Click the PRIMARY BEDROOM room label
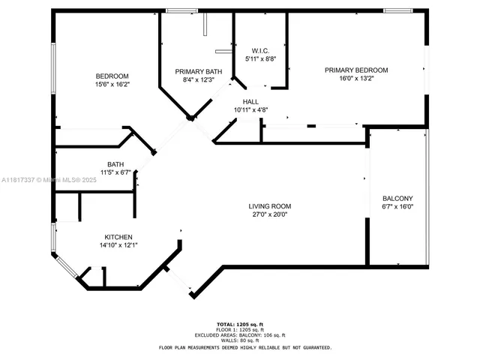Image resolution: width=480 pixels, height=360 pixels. [x=356, y=70]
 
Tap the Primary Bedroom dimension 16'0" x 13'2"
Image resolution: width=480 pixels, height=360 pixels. [x=356, y=78]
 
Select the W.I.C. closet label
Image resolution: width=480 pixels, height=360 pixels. [x=260, y=49]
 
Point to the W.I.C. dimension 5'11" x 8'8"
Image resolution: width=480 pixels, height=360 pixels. [x=260, y=58]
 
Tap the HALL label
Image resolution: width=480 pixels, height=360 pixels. [x=250, y=101]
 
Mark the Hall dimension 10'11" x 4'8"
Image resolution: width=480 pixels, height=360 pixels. [x=250, y=109]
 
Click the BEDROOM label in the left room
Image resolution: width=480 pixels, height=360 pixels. [x=112, y=76]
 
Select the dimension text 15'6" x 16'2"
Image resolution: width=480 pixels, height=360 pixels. [x=112, y=84]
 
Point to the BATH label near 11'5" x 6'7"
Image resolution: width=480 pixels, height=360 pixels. [x=115, y=164]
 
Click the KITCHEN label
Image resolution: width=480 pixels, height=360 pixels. [x=119, y=235]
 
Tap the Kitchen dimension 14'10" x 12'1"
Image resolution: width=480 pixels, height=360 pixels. [x=119, y=244]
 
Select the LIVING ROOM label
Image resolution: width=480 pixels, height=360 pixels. [x=270, y=206]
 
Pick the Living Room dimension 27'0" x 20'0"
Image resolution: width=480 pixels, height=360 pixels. [x=270, y=214]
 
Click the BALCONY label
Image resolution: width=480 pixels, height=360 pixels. [x=397, y=199]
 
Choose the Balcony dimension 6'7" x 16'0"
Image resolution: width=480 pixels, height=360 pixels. [x=397, y=207]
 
